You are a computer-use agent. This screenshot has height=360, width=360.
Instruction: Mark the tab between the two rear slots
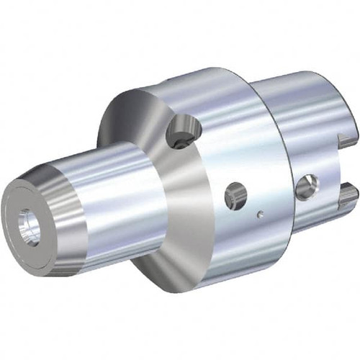344,162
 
